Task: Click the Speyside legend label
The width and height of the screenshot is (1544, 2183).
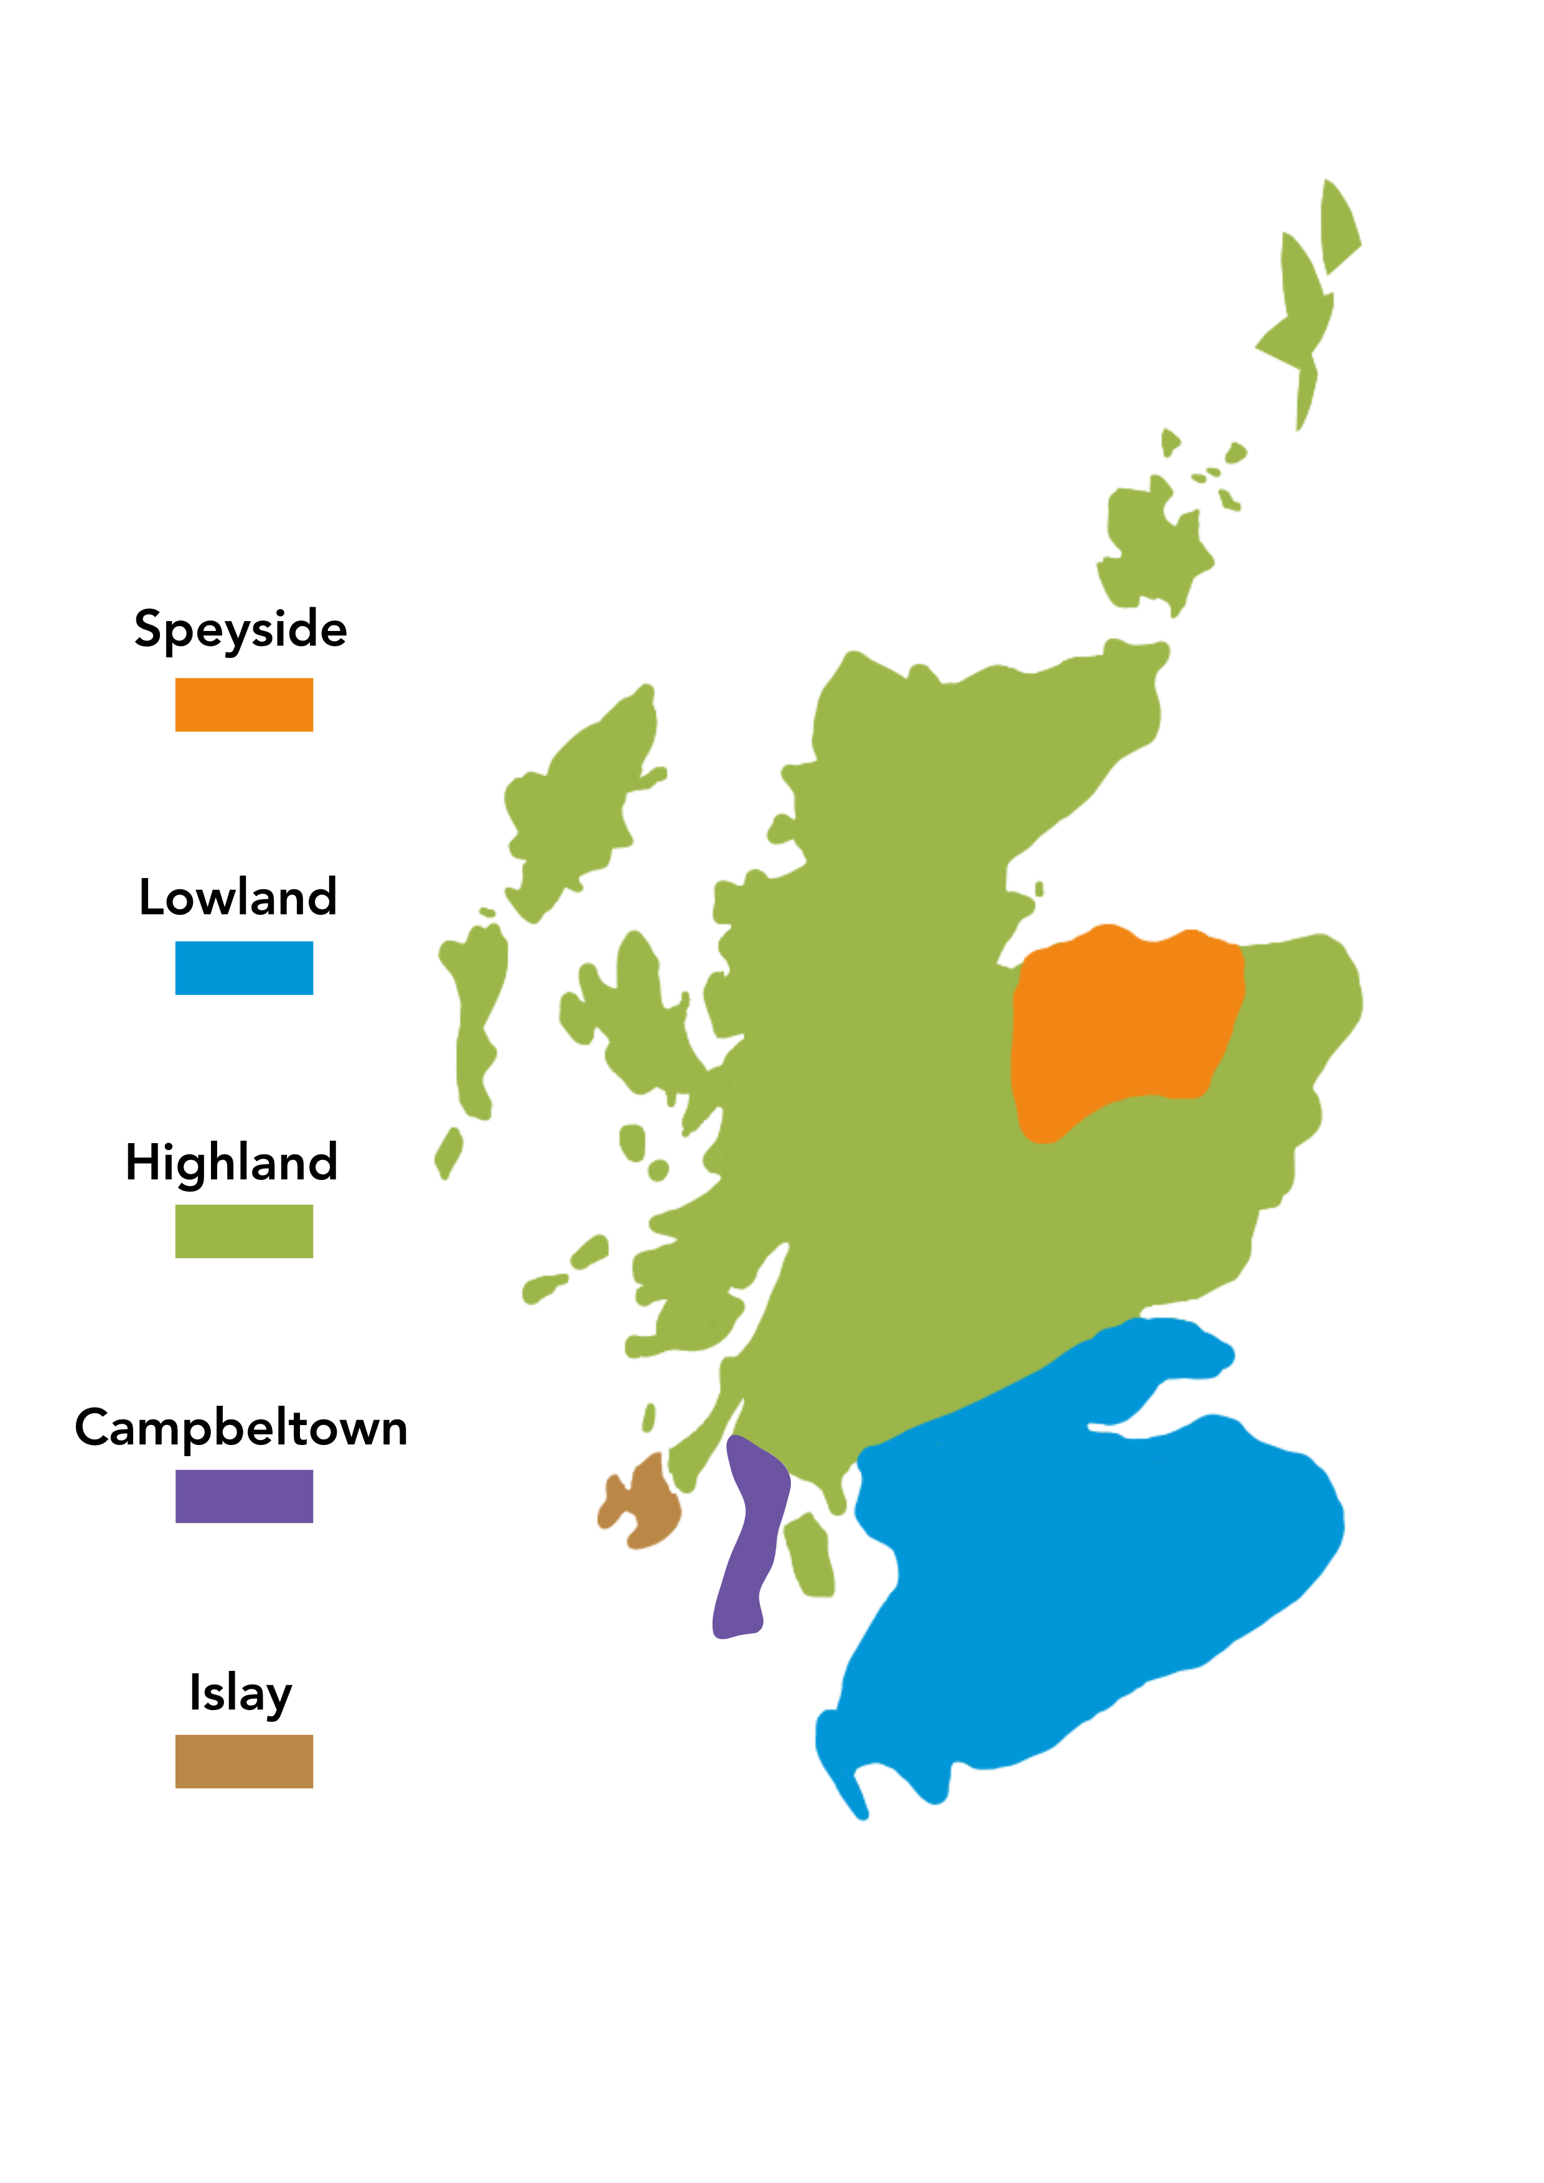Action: tap(241, 629)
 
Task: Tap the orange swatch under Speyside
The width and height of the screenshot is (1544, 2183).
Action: tap(243, 704)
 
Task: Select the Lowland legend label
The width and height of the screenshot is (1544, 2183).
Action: tap(238, 897)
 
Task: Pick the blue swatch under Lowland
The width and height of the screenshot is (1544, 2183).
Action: tap(243, 968)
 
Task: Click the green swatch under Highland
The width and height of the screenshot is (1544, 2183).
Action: tap(243, 1232)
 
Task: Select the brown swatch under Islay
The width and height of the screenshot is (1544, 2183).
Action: tap(243, 1761)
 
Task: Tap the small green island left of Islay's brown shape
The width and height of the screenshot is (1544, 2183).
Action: tap(544, 1288)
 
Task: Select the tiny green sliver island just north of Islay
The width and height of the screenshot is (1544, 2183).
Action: tap(648, 1418)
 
